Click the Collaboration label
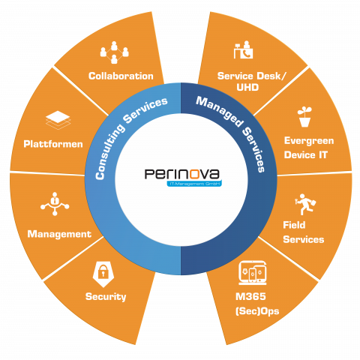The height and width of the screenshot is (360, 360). click(121, 76)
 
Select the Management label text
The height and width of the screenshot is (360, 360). click(59, 234)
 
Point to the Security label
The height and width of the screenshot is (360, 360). click(106, 296)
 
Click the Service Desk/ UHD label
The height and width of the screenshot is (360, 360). click(242, 82)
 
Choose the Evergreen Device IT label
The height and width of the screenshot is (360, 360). click(308, 147)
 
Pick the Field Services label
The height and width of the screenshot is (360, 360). click(303, 232)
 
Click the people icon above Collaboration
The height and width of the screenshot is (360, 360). click(114, 55)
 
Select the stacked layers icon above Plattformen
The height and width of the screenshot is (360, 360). click(58, 120)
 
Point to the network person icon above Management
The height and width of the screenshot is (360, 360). click(55, 205)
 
